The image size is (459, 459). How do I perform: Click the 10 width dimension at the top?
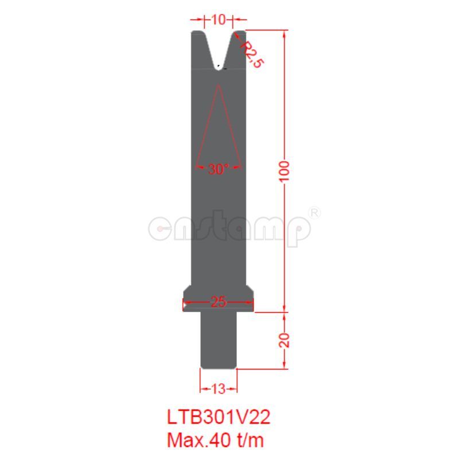click(x=218, y=20)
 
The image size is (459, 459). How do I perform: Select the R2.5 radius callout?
click(x=250, y=54)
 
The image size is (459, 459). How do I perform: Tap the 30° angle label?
click(x=218, y=169)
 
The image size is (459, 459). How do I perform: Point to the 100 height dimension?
click(x=285, y=172)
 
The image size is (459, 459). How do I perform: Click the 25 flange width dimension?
click(x=218, y=302)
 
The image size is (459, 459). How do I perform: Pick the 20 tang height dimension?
click(x=285, y=340)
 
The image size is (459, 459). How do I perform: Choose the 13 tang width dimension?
click(x=218, y=389)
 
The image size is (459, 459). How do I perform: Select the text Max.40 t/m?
click(x=216, y=440)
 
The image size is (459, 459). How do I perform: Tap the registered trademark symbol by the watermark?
click(x=314, y=212)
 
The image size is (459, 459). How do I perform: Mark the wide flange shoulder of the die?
click(x=218, y=298)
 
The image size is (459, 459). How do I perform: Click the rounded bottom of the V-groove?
click(x=218, y=67)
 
